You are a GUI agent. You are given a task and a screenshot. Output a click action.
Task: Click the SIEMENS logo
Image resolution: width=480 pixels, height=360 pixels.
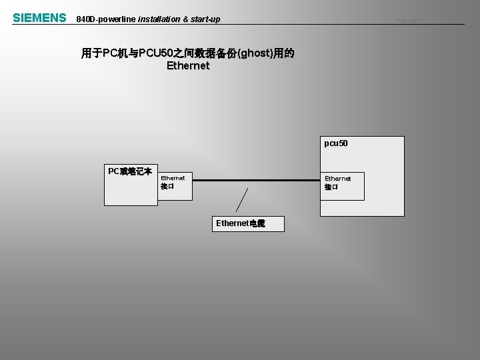coord(39,18)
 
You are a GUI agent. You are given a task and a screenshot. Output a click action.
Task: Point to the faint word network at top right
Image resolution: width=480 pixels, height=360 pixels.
coord(409,21)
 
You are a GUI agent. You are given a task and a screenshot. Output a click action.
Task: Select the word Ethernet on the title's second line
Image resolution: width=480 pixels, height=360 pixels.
coord(188,66)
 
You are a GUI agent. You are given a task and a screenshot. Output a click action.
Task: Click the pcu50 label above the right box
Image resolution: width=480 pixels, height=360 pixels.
coord(335,143)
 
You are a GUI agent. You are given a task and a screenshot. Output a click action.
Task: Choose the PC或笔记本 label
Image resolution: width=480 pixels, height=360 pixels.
coord(130,171)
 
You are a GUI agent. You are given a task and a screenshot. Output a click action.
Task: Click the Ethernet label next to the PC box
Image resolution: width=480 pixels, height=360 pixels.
coord(173,178)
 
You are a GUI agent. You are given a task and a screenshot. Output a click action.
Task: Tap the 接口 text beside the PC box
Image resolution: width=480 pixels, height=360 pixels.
coord(167,187)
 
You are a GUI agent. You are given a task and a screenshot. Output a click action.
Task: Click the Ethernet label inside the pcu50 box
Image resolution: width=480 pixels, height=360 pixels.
coord(337,179)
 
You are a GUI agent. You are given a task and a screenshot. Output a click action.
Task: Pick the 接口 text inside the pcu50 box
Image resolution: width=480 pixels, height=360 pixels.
coord(331,187)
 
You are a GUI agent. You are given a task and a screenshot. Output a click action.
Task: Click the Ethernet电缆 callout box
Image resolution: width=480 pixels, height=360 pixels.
coord(240,223)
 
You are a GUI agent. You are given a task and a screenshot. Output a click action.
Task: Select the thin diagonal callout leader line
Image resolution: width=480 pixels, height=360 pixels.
coord(242,199)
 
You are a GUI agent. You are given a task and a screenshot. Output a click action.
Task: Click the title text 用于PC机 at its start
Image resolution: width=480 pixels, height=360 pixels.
coord(105,53)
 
